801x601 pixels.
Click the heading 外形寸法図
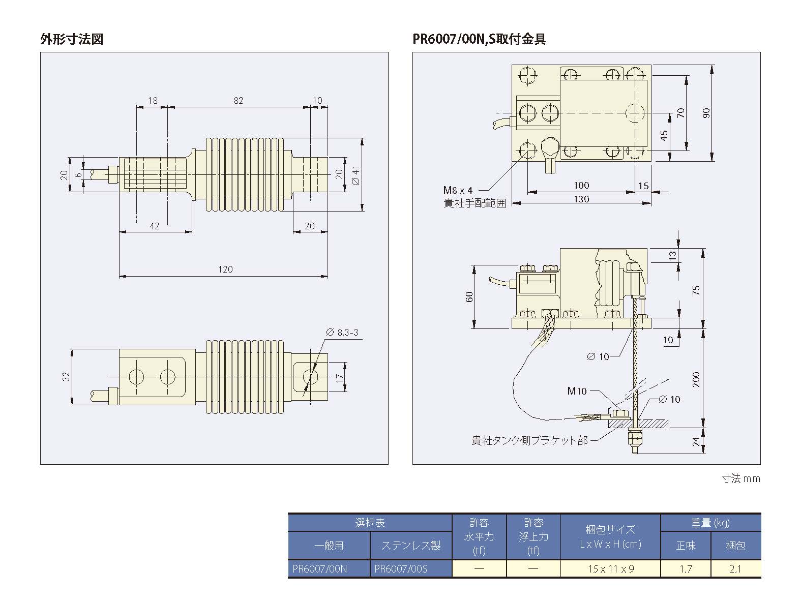coord(72,39)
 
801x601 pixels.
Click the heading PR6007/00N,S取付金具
coord(480,39)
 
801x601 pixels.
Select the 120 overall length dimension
coord(225,269)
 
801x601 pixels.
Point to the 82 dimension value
coord(238,101)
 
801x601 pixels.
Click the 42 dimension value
coord(155,226)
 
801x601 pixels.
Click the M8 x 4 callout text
coord(458,190)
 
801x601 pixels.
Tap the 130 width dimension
coord(581,199)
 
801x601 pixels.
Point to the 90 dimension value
coord(706,113)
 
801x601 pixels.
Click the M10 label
coord(577,391)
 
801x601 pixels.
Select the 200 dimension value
coord(696,379)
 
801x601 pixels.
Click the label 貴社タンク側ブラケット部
coord(529,440)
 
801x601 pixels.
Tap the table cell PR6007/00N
coord(319,568)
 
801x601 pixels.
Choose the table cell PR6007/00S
coord(401,568)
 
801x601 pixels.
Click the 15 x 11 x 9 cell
coord(610,568)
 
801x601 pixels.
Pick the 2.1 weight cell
coord(735,568)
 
